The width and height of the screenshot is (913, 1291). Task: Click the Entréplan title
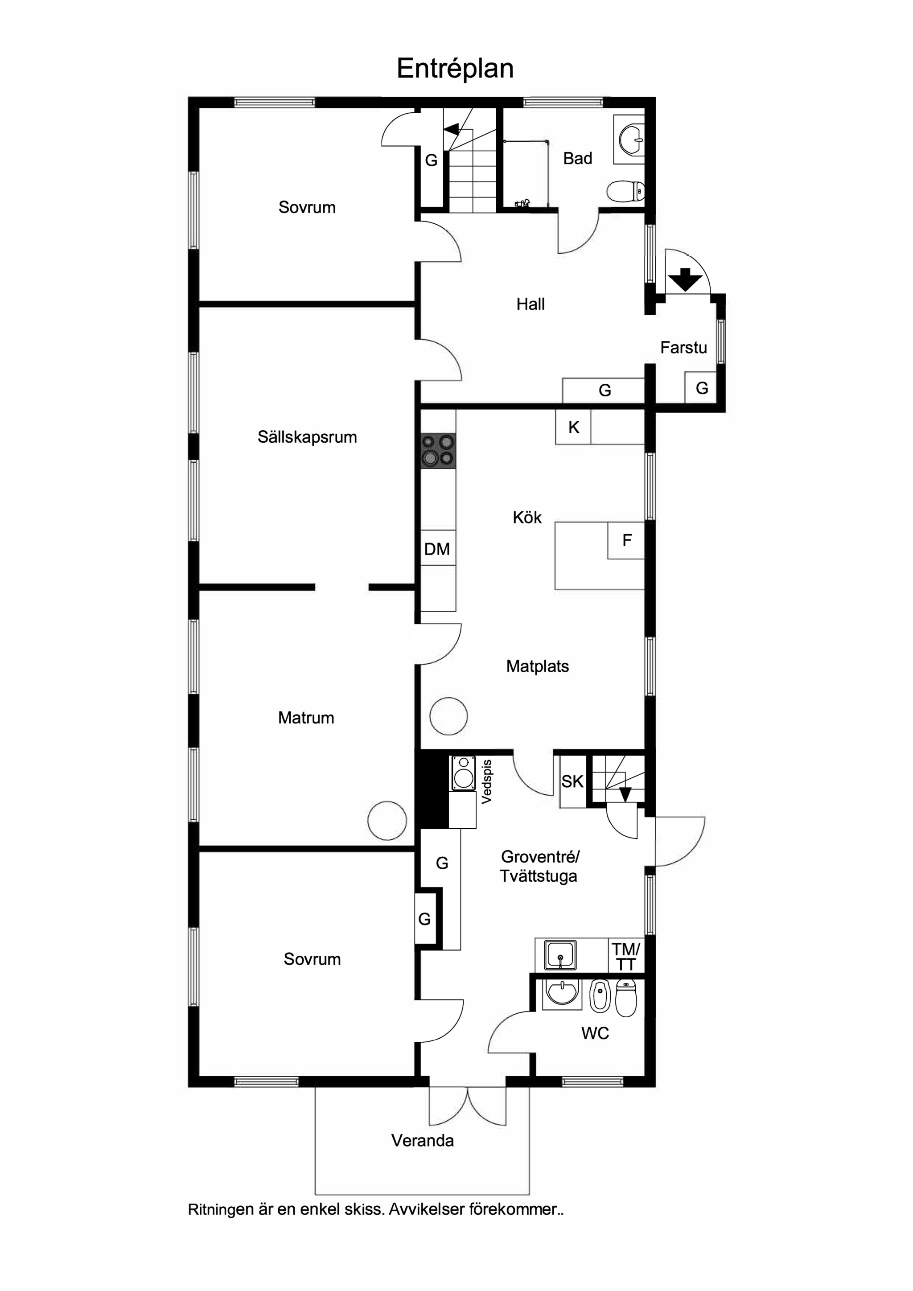(x=455, y=69)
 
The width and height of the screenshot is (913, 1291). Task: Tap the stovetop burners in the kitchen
(x=439, y=451)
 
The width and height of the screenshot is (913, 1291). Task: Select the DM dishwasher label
(x=437, y=549)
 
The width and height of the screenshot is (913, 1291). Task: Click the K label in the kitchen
(x=573, y=428)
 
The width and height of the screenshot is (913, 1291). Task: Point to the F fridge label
(x=627, y=540)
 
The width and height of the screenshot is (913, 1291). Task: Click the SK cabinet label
(x=572, y=781)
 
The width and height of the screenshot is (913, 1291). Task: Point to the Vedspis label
(x=487, y=781)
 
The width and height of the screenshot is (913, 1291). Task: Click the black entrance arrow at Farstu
(x=685, y=280)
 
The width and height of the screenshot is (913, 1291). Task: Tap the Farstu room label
(x=683, y=347)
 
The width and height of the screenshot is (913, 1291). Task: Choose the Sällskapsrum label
(x=307, y=437)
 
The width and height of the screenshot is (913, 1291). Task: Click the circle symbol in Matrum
(x=387, y=820)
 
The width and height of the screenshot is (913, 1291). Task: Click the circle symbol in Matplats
(x=448, y=716)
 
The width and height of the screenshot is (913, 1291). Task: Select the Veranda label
(x=422, y=1140)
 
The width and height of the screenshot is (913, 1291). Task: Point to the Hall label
(x=531, y=304)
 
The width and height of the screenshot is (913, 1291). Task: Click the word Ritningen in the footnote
(x=221, y=1210)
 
